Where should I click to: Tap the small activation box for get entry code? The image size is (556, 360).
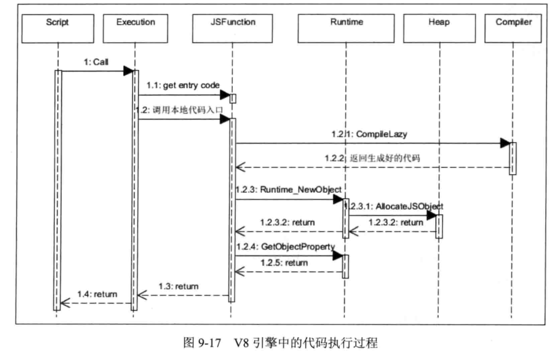(x=233, y=98)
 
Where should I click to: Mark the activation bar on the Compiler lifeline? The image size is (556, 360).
(x=513, y=158)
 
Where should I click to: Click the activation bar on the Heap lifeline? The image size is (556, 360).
(x=440, y=226)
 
